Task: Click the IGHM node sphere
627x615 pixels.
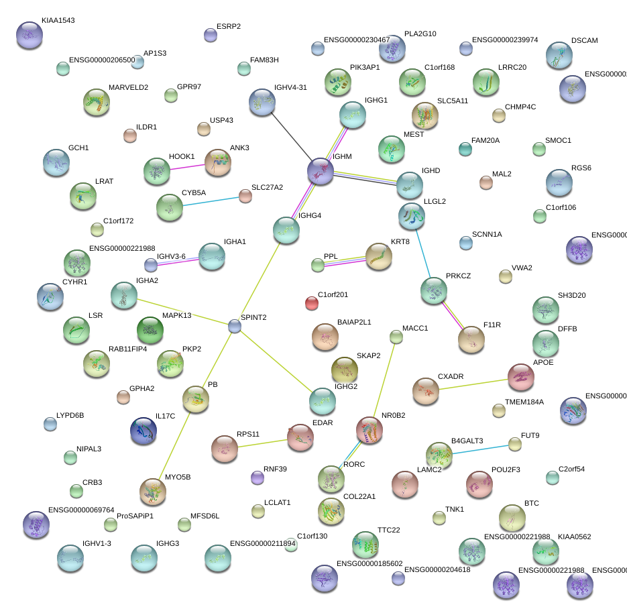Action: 321,171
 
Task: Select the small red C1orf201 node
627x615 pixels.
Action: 312,303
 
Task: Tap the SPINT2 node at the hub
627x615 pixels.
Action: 234,326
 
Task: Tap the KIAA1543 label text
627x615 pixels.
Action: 58,21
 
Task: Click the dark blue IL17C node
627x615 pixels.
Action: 144,431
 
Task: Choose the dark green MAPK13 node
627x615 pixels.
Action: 150,330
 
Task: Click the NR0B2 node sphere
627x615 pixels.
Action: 369,430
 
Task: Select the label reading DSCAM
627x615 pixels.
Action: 584,41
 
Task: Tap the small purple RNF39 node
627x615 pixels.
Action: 257,477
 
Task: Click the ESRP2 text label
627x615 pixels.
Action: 229,27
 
